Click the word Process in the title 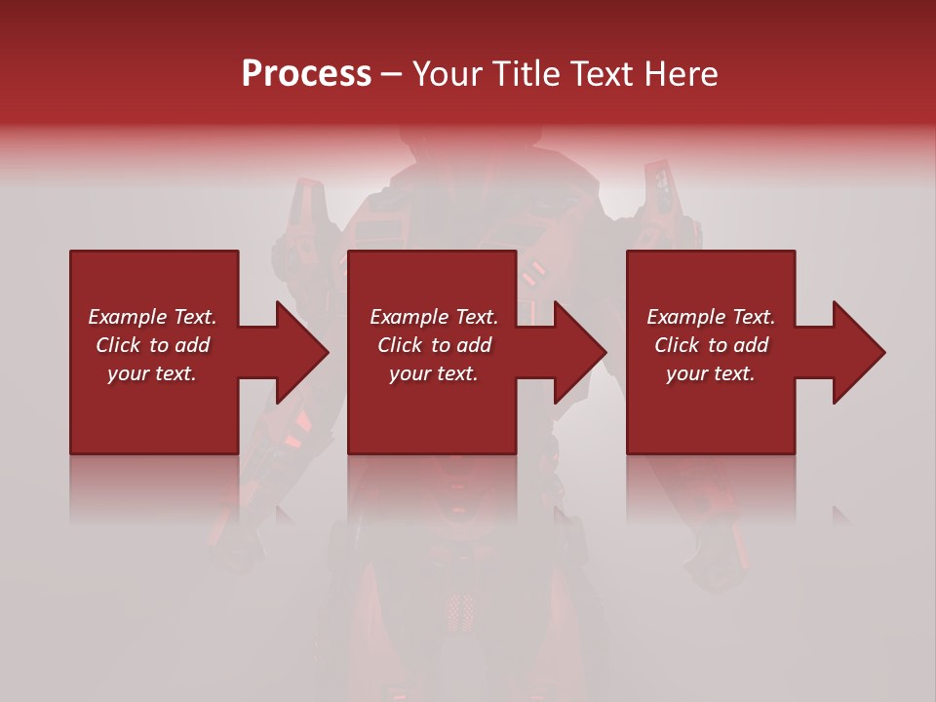(306, 74)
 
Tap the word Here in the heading (680, 74)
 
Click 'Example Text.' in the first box (152, 317)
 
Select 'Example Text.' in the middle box (434, 317)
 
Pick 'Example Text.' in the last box (711, 317)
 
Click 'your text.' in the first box (152, 373)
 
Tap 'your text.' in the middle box (434, 373)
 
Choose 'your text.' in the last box (711, 373)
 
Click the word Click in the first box (119, 345)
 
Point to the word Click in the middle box (401, 345)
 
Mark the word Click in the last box (678, 345)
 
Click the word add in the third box (752, 345)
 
